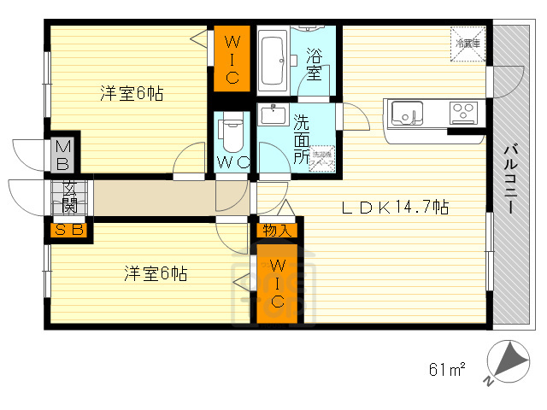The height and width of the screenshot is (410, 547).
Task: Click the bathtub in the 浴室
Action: point(272,60)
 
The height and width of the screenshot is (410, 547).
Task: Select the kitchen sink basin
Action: point(404,112)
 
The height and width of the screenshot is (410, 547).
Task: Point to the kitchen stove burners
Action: point(464,111)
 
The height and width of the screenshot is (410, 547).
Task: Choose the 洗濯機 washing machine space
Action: point(321,160)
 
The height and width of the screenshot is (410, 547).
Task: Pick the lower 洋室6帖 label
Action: point(155,273)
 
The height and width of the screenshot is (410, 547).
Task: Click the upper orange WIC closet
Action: point(231,58)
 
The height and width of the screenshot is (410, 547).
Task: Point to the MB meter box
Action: point(63,155)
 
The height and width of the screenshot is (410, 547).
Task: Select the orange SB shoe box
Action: point(69,229)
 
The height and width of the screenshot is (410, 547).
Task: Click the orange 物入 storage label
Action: point(277,231)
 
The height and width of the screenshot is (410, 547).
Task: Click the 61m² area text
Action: point(446,369)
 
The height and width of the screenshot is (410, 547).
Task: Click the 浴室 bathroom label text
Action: point(314,65)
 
